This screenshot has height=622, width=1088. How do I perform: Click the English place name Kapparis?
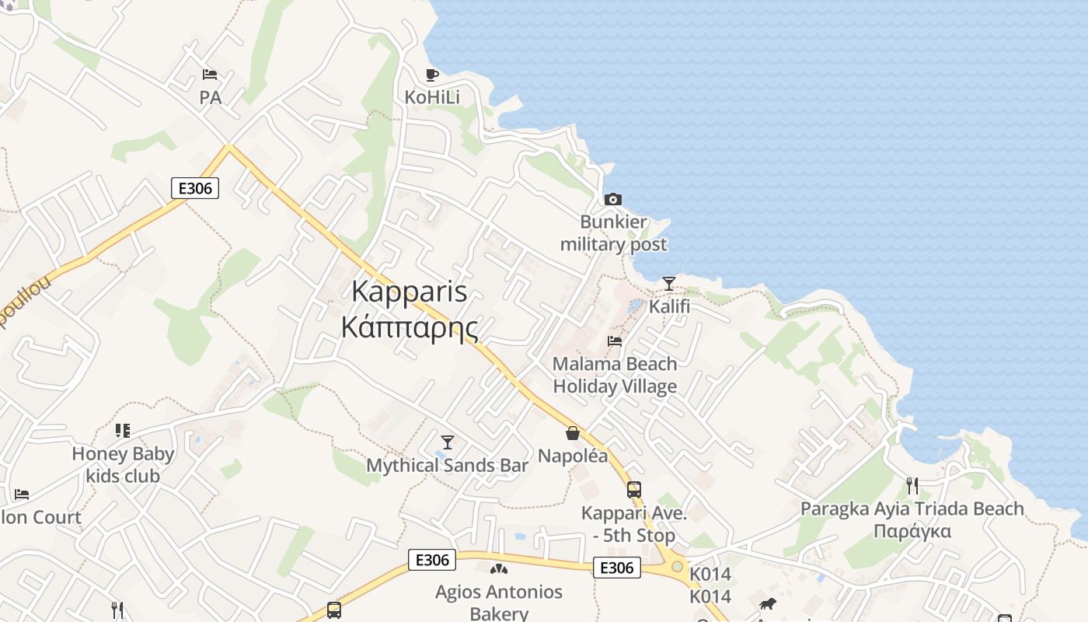[409, 292]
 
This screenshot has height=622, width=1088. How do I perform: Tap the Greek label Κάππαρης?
[409, 327]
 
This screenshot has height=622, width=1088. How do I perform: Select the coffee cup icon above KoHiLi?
[432, 75]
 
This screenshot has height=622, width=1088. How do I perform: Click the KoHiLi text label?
[432, 97]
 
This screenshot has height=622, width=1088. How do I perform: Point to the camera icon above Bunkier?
[613, 199]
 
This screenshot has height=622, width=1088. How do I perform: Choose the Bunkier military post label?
[613, 233]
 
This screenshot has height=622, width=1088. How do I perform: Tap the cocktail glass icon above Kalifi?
[669, 283]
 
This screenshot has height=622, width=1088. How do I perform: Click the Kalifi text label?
[669, 306]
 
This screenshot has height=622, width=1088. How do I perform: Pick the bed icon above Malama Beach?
[615, 341]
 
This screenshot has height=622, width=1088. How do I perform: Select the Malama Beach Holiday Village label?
[615, 375]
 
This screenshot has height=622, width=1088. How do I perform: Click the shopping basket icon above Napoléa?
[573, 433]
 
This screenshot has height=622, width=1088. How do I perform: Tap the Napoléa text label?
[573, 456]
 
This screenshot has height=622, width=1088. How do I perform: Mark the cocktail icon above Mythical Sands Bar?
[447, 442]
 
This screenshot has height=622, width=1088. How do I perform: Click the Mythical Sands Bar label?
[447, 465]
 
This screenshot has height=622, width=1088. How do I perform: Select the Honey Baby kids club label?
[123, 465]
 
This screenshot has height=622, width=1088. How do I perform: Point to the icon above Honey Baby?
[123, 430]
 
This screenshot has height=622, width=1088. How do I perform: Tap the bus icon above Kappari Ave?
[634, 490]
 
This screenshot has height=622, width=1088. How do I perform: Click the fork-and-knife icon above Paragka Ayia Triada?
[912, 486]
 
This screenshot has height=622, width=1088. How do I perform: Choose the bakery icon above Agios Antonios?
[499, 569]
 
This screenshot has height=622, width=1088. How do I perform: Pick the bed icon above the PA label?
[210, 75]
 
